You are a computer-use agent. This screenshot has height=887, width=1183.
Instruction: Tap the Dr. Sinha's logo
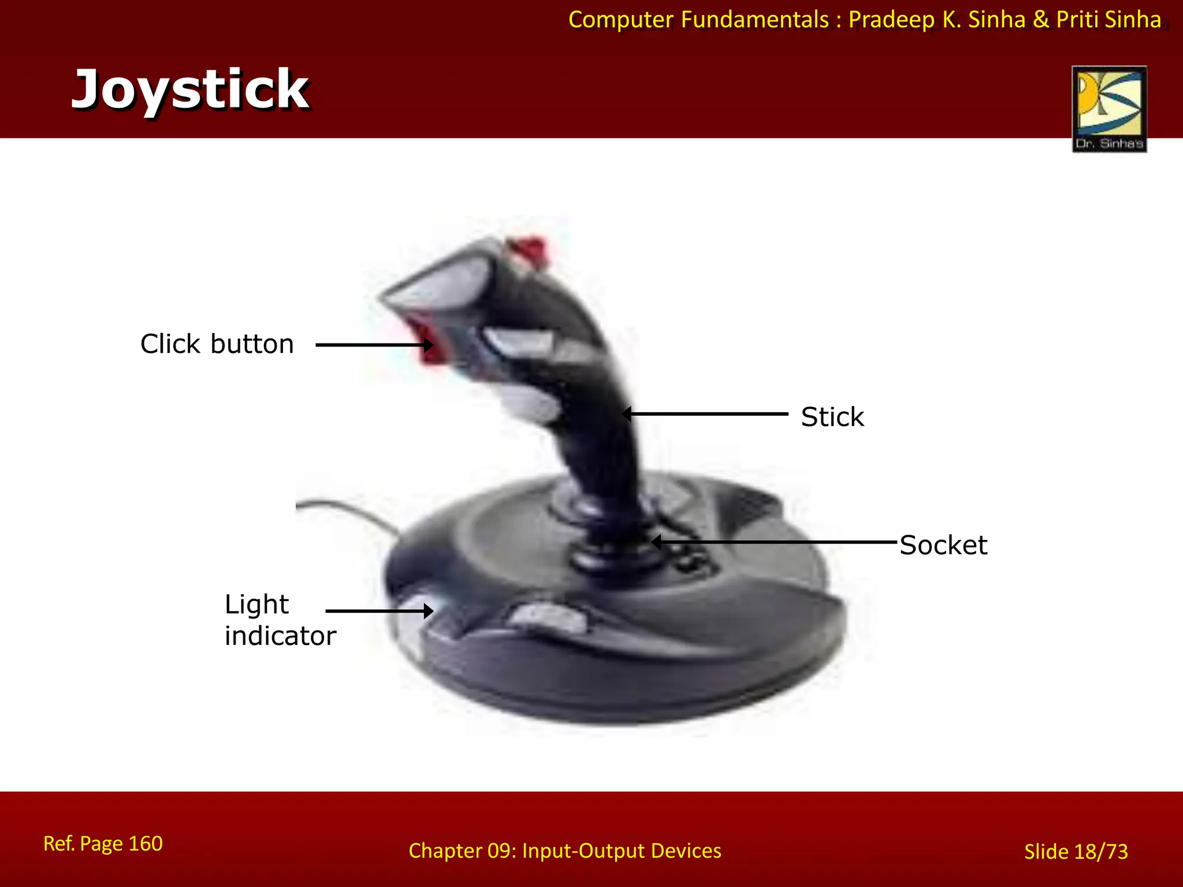(x=1109, y=109)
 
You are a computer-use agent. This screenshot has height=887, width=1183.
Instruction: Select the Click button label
(x=217, y=344)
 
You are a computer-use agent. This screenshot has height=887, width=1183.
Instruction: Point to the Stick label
(x=832, y=417)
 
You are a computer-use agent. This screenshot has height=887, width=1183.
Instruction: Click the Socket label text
(x=943, y=545)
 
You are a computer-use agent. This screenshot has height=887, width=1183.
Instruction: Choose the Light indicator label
(x=280, y=620)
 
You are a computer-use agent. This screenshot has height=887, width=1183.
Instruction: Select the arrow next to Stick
(x=706, y=414)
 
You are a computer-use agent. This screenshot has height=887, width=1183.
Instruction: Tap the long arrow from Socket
(x=774, y=542)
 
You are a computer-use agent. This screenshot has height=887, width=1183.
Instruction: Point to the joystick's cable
(x=347, y=508)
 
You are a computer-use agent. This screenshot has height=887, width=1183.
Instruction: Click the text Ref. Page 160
(x=103, y=844)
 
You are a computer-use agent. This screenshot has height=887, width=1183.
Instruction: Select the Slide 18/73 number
(x=1076, y=852)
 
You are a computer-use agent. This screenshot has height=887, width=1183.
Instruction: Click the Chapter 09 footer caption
(x=565, y=851)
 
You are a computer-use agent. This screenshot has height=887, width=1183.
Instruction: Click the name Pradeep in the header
(x=891, y=20)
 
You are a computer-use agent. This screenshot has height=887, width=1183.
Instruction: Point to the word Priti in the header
(x=1077, y=20)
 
